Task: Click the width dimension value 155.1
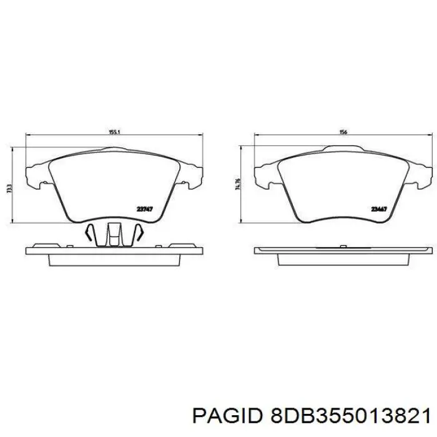coord(114,132)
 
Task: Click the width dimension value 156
coord(343,132)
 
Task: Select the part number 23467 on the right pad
coord(378,209)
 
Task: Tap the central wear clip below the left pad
coord(114,236)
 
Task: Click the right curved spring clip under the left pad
coord(138,234)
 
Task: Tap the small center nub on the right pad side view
coord(343,245)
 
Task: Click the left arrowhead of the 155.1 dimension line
coord(27,137)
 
